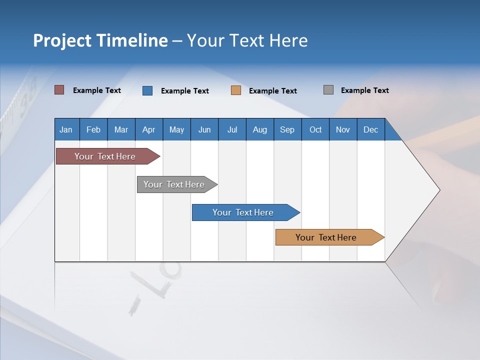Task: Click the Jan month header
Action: (66, 129)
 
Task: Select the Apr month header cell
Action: (149, 129)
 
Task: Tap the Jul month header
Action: (232, 129)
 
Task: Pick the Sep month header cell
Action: (287, 129)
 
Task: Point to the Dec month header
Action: (370, 129)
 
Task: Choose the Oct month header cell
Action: (315, 129)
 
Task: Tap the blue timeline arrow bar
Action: (243, 212)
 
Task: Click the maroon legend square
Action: (59, 90)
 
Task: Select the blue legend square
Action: (147, 90)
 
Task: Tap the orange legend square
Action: (236, 90)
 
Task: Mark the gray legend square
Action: (328, 90)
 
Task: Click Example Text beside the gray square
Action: (364, 90)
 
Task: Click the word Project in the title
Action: (61, 40)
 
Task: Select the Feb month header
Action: (93, 129)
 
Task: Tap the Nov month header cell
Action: (343, 129)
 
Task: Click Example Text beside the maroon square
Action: (97, 90)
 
